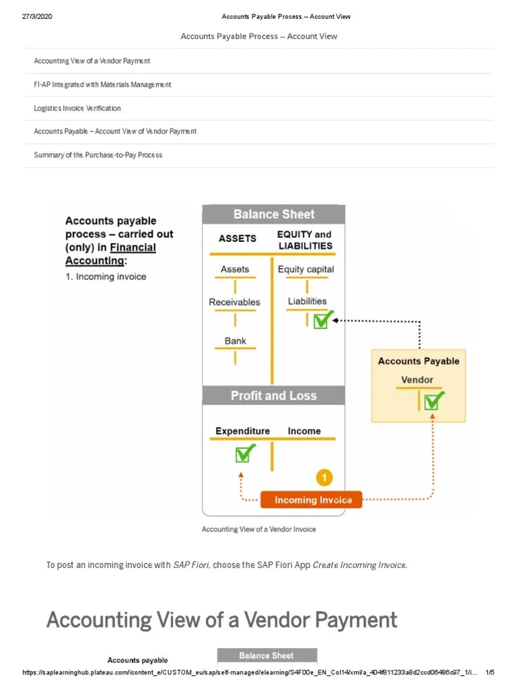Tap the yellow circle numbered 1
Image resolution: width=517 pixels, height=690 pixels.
(x=324, y=478)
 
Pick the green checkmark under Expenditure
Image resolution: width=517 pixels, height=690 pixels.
(x=244, y=454)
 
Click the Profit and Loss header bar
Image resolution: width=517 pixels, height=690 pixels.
(x=273, y=396)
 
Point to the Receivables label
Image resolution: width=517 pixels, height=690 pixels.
(x=234, y=302)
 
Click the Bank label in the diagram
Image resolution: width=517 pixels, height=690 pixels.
(x=235, y=341)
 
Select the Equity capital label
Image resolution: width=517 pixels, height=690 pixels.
(x=306, y=269)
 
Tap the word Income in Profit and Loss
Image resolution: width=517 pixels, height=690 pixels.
(x=304, y=431)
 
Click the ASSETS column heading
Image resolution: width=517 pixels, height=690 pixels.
(x=238, y=238)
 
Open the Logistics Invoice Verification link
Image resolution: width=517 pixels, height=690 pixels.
(x=77, y=108)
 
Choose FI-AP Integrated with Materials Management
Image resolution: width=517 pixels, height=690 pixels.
(x=102, y=84)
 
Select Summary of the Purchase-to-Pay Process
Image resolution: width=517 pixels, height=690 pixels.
(x=98, y=155)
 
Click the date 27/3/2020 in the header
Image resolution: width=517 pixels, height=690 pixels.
(x=37, y=17)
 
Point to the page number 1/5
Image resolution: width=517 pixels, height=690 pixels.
(x=490, y=672)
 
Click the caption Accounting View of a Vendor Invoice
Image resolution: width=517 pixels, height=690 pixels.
(x=258, y=529)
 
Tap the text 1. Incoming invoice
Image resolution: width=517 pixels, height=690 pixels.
(x=106, y=277)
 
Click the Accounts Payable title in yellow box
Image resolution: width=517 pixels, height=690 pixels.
(x=419, y=361)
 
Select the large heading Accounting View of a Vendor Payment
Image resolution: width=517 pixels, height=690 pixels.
(x=221, y=619)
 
